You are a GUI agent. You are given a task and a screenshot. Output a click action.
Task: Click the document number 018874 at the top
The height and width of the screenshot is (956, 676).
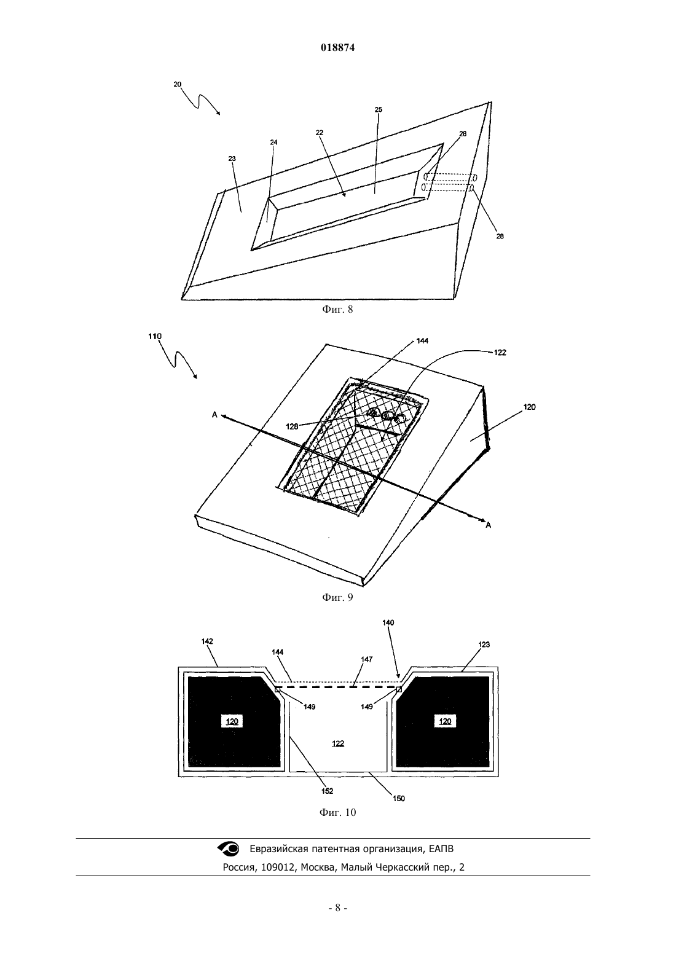pos(337,48)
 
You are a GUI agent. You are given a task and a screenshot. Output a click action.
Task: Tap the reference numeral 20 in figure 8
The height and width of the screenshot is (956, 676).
pos(178,84)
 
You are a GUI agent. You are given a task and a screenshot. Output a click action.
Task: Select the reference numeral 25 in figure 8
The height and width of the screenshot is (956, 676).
pos(379,110)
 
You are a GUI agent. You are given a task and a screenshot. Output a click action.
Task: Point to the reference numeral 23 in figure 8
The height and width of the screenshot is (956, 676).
pos(232,159)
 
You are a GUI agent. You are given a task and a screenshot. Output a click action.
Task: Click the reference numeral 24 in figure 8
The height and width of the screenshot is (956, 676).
pos(273,142)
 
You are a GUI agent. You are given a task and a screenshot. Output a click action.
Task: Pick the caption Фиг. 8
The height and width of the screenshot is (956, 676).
pos(337,310)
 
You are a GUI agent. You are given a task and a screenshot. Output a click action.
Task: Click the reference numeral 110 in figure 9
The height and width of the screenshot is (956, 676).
pos(155,336)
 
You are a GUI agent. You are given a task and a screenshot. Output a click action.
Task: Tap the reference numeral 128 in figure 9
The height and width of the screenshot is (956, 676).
pos(292,426)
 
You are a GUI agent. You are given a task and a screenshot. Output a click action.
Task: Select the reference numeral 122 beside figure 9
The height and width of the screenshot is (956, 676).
pos(500,353)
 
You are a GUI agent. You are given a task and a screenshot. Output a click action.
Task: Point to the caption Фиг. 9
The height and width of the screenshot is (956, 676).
pos(337,597)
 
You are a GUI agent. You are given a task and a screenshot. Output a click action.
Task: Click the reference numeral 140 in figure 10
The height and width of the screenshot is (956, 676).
pos(388,622)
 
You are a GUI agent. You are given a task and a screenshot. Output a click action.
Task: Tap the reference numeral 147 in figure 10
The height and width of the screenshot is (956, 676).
pos(367,659)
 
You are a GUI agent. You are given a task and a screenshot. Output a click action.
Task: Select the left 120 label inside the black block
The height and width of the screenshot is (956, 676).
pos(232,721)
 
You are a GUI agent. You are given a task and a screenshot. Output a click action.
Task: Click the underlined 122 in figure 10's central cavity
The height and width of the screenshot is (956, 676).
pos(337,743)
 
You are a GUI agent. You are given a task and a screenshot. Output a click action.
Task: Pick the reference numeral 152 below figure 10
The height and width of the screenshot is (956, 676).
pos(327,790)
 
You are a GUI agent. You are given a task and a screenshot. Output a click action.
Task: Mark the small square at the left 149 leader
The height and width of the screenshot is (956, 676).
pos(278,689)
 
